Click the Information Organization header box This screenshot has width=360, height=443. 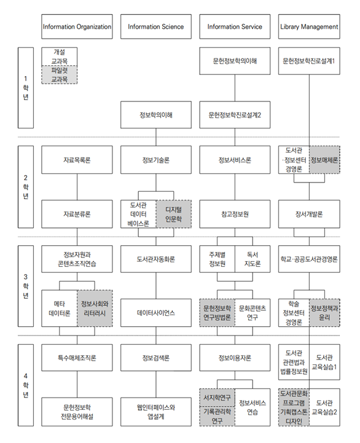click(x=77, y=26)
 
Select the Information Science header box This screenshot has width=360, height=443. click(x=155, y=26)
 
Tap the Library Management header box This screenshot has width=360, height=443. click(x=309, y=26)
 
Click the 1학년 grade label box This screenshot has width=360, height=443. click(x=26, y=88)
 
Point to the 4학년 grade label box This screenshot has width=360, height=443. click(x=26, y=385)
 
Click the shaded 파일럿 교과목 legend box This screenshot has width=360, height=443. click(x=60, y=75)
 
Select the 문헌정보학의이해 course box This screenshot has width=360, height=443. click(x=235, y=61)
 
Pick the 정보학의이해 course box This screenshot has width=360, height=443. click(x=155, y=115)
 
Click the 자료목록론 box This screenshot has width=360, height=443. click(x=77, y=160)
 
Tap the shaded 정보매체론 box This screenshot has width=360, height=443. click(x=324, y=160)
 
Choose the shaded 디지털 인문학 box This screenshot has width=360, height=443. click(x=173, y=214)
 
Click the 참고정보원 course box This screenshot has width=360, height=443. click(x=235, y=214)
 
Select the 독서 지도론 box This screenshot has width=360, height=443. click(x=252, y=259)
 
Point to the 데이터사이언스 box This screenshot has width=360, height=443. click(x=155, y=313)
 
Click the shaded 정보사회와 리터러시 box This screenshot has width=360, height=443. click(x=95, y=308)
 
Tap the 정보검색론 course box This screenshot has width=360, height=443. click(x=155, y=358)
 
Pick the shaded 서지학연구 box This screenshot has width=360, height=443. click(x=217, y=398)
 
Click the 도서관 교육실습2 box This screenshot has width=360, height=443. click(x=324, y=407)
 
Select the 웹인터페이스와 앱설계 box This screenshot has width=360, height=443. click(x=155, y=412)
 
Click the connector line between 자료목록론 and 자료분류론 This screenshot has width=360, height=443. click(x=77, y=187)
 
